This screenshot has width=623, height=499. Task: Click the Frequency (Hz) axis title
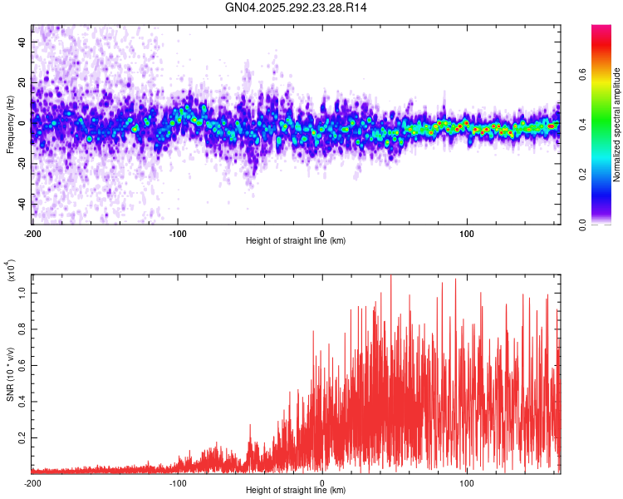(10, 125)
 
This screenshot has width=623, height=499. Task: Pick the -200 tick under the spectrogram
(33, 234)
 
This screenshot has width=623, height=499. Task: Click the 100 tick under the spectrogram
(467, 234)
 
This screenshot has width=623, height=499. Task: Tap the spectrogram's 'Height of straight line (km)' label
(296, 241)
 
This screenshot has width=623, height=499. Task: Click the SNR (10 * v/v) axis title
(10, 374)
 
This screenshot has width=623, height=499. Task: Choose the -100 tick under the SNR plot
(178, 483)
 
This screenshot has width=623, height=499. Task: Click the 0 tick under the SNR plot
(322, 483)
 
